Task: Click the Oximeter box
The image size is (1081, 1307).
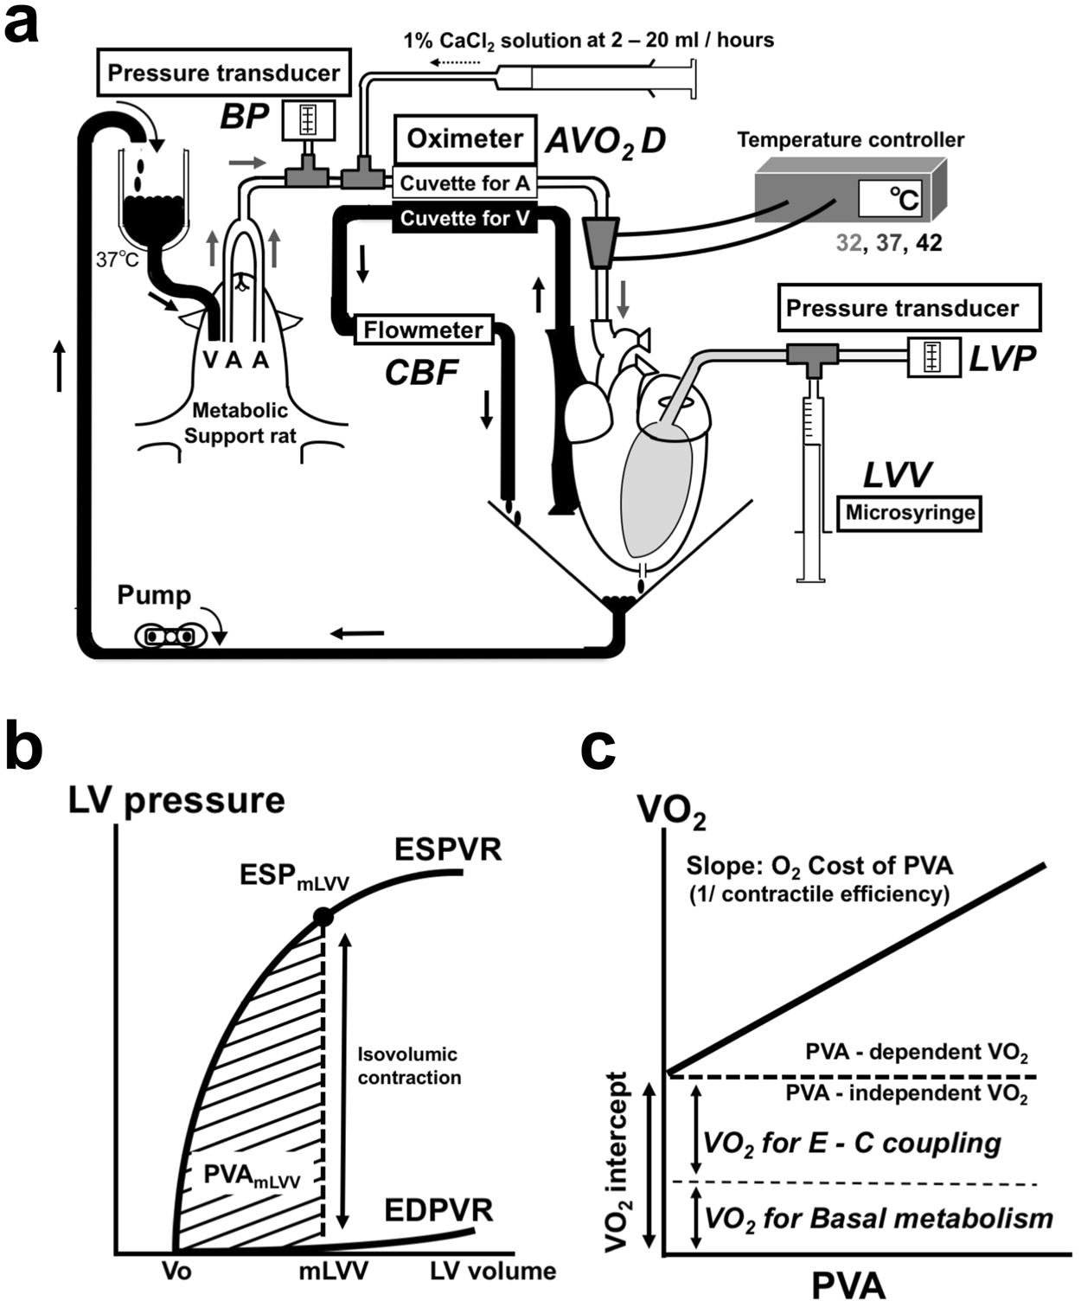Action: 465,139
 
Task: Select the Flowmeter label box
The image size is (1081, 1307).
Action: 423,330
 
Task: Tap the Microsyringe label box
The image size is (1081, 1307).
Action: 910,513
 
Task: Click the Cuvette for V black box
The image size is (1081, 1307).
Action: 464,219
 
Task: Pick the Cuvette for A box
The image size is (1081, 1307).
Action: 464,183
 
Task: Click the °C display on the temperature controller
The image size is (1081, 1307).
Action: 888,198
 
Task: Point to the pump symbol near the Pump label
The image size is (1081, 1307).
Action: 170,635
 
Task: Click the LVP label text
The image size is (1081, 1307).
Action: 1001,359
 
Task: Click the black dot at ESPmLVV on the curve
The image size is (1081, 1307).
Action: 323,916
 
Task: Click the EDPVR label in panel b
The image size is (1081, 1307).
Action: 438,1210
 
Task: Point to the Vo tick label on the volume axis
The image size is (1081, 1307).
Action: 176,1271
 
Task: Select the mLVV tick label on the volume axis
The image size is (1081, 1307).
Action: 334,1271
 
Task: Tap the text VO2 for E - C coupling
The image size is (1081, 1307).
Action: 852,1143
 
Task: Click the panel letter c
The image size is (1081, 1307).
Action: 599,749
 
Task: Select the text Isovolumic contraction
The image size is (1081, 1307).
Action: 408,1066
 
